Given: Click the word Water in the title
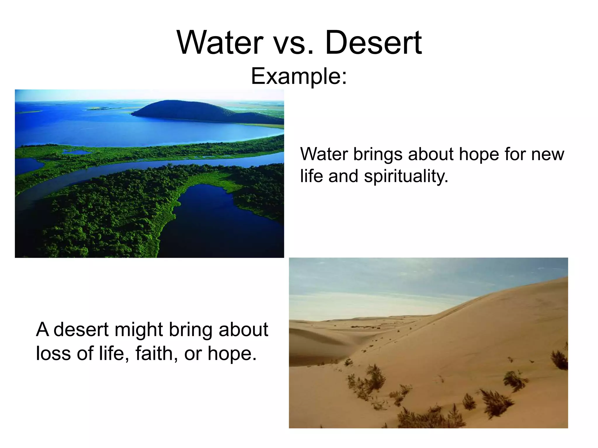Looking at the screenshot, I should coord(220,43).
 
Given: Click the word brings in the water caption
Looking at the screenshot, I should coord(378,155).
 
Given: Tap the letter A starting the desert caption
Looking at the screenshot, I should coord(43,330).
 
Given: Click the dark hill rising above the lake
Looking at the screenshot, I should coord(184,109).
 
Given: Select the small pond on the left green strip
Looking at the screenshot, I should coord(77,152).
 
